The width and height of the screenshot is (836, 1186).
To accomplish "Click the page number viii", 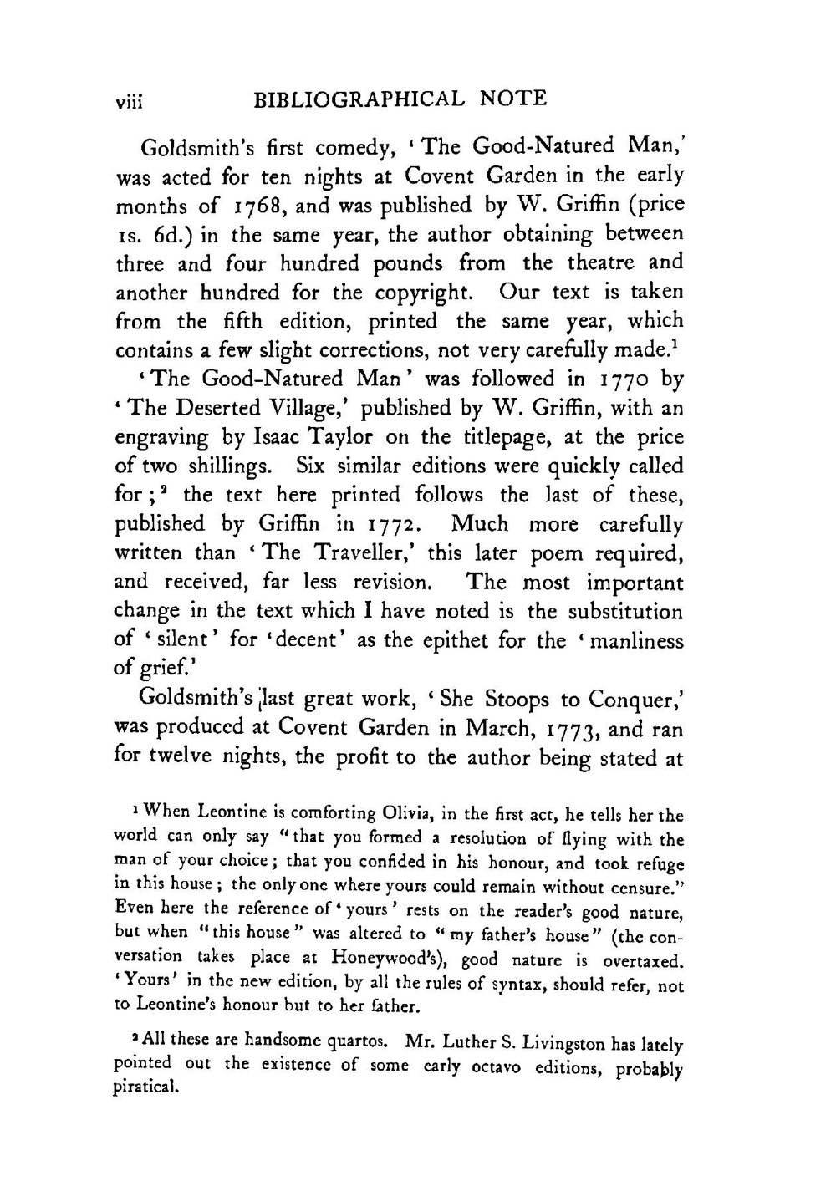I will pyautogui.click(x=130, y=101).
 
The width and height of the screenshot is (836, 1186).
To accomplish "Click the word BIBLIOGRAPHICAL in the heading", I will pyautogui.click(x=359, y=99).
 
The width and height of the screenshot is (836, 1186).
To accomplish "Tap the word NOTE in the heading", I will pyautogui.click(x=514, y=99).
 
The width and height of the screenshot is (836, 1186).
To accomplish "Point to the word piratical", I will pyautogui.click(x=145, y=1089).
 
